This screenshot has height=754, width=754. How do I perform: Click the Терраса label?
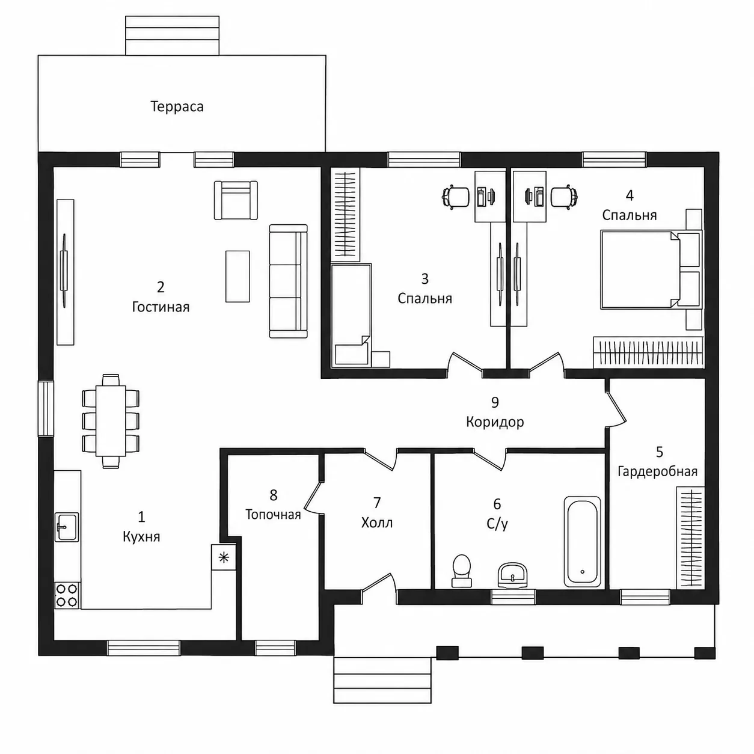tap(177, 107)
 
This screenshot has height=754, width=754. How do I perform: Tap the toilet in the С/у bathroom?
tap(462, 571)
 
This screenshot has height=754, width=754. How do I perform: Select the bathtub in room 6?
tap(582, 542)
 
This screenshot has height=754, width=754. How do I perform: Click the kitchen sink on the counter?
tap(67, 527)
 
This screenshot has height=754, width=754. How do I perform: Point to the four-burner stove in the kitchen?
tap(67, 595)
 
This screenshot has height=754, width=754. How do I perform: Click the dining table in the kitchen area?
tap(111, 421)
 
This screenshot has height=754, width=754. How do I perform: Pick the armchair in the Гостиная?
tap(236, 200)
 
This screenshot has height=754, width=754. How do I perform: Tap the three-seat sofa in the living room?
tap(289, 281)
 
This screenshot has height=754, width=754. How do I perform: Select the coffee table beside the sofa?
tap(238, 276)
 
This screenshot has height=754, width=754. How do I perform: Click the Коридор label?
tap(495, 422)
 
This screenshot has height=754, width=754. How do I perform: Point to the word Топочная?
tap(273, 515)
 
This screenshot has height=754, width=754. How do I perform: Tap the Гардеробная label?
tap(658, 472)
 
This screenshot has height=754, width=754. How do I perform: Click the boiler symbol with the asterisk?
tap(224, 557)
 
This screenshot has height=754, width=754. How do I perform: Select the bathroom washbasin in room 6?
tap(512, 575)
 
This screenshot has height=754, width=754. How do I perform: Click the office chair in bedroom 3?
tap(456, 197)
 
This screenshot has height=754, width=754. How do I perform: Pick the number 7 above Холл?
tap(377, 503)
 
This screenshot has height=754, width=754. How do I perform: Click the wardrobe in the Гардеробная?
tap(691, 538)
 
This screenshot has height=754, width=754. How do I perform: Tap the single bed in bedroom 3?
tap(351, 316)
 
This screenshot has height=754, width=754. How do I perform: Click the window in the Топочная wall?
tap(275, 648)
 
